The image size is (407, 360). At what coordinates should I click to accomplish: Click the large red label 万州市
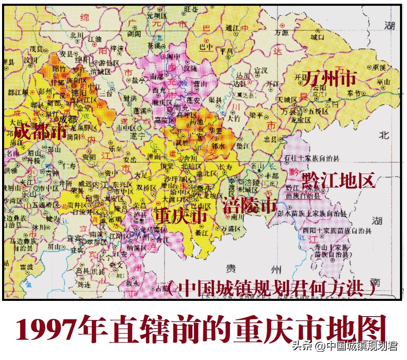(329, 78)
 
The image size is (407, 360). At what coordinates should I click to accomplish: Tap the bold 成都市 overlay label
(40, 132)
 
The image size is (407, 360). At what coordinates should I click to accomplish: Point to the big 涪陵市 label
(249, 205)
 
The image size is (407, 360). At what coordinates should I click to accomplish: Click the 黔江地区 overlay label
(338, 181)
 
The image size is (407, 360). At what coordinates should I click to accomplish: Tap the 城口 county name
(317, 37)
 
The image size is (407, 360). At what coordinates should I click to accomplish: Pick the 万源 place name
(282, 32)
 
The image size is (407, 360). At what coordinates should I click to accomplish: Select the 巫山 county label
(383, 82)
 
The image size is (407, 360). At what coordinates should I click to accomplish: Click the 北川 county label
(77, 35)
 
